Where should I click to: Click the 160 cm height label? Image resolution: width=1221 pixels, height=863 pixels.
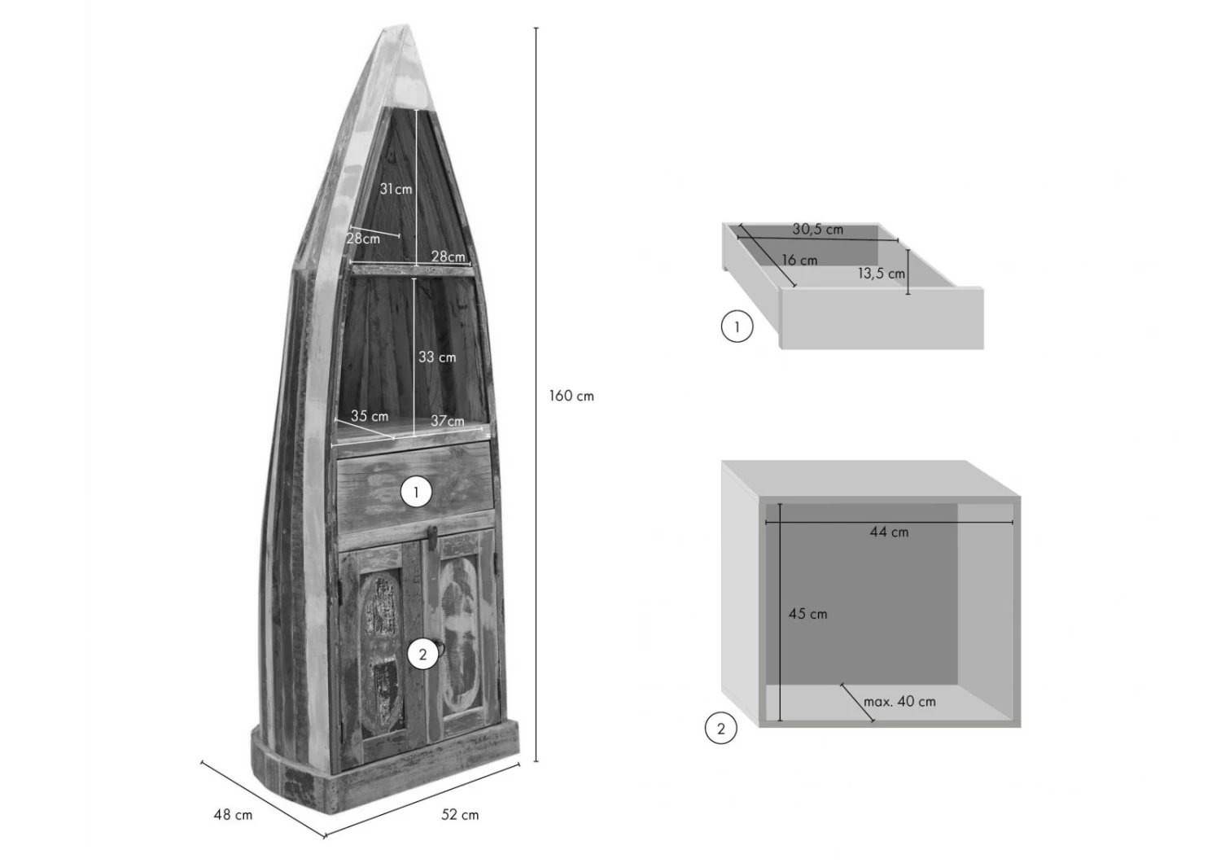click(x=571, y=396)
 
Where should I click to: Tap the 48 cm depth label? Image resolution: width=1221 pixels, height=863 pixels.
click(x=233, y=815)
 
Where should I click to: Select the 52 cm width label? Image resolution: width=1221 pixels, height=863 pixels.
click(x=460, y=815)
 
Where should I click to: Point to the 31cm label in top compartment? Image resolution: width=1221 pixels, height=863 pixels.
click(x=396, y=189)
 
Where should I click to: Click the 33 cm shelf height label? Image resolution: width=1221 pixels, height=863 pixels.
click(x=437, y=357)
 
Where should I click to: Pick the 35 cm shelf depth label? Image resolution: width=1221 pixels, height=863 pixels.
click(x=370, y=416)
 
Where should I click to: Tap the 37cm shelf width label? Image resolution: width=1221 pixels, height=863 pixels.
click(x=448, y=421)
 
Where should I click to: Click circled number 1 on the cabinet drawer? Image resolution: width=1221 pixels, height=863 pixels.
click(x=417, y=493)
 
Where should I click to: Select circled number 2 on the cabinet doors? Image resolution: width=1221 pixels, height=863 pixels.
click(x=423, y=655)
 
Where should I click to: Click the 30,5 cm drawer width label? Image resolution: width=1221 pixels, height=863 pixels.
click(x=817, y=230)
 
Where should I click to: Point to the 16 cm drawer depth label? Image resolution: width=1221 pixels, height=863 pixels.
click(x=799, y=261)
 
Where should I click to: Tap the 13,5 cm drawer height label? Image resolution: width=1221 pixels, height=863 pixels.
click(x=882, y=274)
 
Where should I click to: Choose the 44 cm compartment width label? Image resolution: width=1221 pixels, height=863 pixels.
click(x=889, y=532)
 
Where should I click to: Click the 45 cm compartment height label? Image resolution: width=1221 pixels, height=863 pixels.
click(x=807, y=614)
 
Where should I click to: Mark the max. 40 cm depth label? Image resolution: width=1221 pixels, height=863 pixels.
click(x=899, y=702)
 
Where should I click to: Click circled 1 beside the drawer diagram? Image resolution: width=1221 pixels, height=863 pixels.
click(x=737, y=326)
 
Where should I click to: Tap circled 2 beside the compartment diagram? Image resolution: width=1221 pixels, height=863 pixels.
click(x=721, y=729)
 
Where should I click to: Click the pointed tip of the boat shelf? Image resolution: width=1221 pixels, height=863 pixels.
click(x=404, y=25)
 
